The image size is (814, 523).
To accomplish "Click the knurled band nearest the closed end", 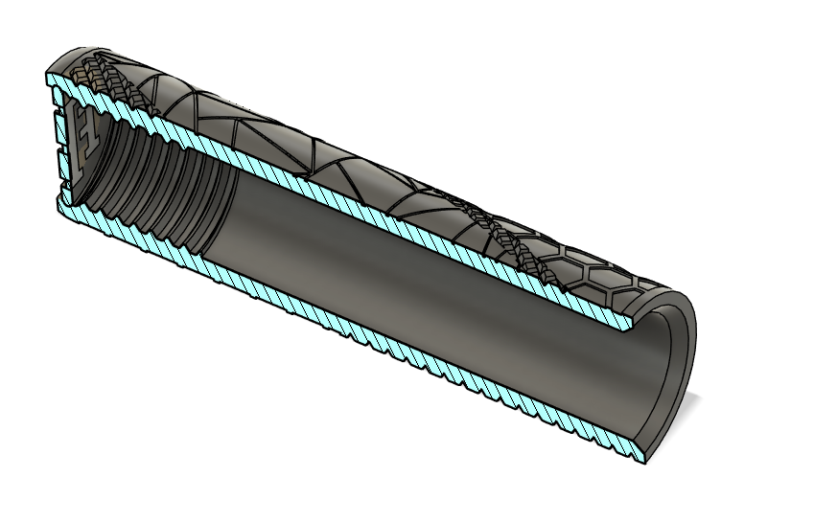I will pyautogui.click(x=105, y=77).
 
